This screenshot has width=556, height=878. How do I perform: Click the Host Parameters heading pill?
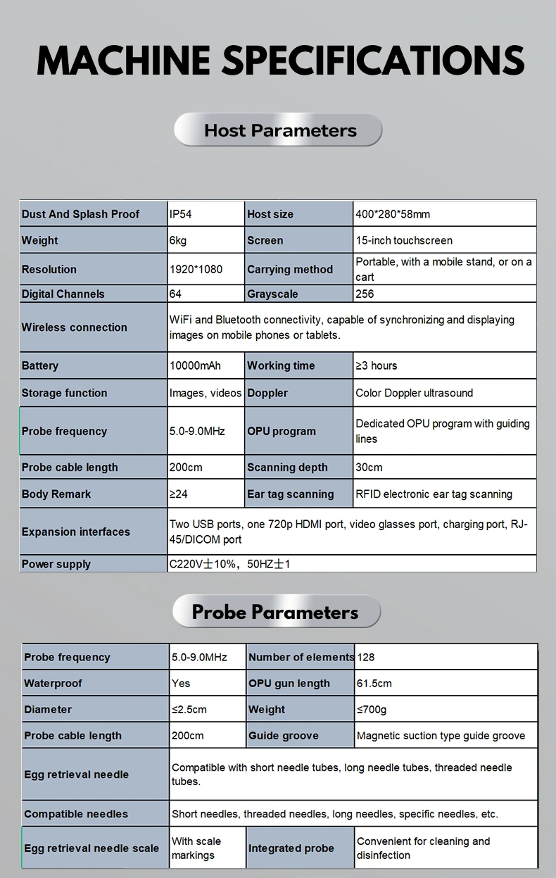click(x=278, y=130)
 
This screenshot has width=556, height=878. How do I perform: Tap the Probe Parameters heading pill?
click(x=276, y=612)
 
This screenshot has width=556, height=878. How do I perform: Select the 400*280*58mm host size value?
click(x=393, y=214)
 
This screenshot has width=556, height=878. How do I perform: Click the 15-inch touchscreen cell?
click(x=404, y=241)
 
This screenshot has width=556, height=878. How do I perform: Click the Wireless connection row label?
click(x=75, y=327)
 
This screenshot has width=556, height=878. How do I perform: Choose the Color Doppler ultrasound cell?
click(x=415, y=393)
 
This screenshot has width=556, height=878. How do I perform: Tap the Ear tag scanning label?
click(x=291, y=494)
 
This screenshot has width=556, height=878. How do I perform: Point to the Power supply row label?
click(x=56, y=564)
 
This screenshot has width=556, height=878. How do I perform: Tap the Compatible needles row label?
click(x=76, y=814)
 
